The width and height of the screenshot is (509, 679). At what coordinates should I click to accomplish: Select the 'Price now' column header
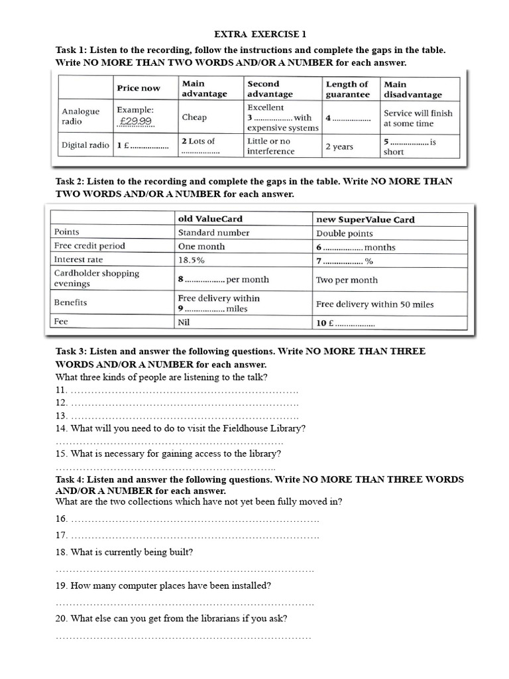coord(139,88)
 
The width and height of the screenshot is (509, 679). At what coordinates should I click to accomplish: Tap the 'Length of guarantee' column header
coord(348,89)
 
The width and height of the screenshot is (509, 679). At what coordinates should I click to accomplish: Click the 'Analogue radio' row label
coord(81,117)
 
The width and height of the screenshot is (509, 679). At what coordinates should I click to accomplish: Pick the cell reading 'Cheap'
coord(194,117)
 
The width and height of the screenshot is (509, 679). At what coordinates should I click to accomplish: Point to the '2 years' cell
coord(339,147)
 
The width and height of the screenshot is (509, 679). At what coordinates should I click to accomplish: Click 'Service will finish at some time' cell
coord(418,118)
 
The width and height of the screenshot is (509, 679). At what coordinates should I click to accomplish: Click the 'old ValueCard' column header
coord(210,219)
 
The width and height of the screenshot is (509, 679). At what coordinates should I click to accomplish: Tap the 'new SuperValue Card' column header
coord(366,219)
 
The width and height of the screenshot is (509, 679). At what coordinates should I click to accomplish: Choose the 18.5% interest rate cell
coord(192,260)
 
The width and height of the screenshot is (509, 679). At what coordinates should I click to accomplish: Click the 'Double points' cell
coord(345,233)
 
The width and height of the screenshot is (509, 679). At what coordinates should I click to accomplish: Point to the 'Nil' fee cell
coord(184,323)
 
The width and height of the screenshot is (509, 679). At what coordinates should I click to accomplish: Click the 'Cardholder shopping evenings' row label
coord(97,278)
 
